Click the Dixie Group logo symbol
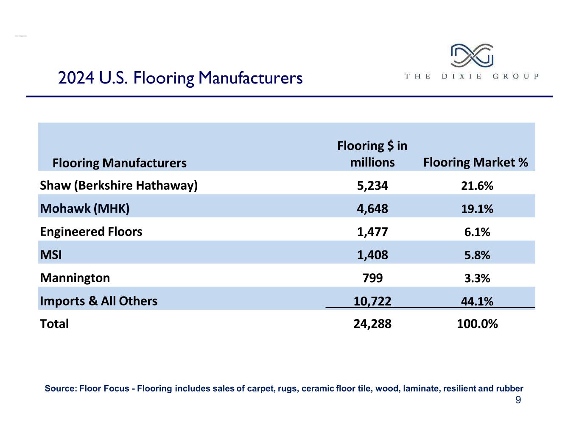472,55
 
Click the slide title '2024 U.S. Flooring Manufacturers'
180,78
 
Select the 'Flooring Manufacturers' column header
119,163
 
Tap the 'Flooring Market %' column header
476,162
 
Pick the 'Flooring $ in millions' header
372,154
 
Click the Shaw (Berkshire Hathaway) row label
119,186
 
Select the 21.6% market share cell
477,186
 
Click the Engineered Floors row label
91,232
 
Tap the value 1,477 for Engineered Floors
372,232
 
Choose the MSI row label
51,255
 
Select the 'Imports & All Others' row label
98,301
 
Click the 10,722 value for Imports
372,301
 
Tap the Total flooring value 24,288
372,324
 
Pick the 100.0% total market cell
477,324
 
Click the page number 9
518,400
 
